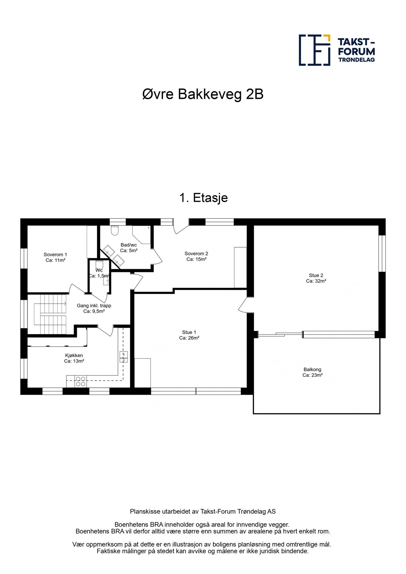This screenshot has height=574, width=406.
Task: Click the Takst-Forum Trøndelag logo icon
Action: point(314,50)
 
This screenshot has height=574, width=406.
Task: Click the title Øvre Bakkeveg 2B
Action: point(203,94)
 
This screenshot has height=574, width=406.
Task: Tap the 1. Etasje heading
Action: point(203,198)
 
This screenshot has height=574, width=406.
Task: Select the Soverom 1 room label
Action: point(55,254)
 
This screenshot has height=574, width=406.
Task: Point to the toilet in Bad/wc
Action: point(114,230)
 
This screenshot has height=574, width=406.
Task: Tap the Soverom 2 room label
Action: point(196,254)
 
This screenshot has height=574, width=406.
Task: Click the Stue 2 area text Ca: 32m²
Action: point(316,281)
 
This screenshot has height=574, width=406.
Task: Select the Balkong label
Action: point(312,370)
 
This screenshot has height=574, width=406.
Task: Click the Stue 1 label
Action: point(189,332)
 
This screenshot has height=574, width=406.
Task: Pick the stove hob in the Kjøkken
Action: point(81,381)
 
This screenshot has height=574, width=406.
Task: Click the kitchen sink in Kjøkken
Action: point(123,357)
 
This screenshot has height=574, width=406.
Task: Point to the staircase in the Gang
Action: point(50,314)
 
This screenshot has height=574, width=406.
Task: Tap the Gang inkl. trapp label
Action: point(94,305)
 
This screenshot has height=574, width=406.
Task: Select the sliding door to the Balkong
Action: point(280,334)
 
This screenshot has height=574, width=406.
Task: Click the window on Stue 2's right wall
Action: point(382,254)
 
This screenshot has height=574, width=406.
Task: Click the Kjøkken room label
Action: point(74,355)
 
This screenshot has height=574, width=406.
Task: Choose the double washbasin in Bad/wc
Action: point(113,255)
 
